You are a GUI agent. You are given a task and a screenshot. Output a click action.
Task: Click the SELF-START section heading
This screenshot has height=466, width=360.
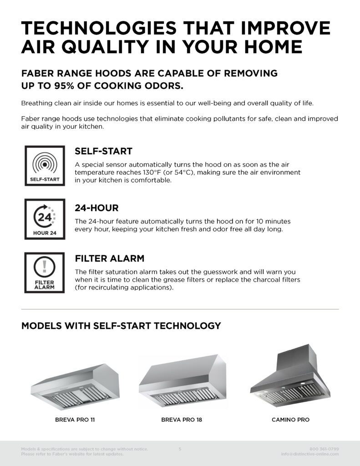click(103, 151)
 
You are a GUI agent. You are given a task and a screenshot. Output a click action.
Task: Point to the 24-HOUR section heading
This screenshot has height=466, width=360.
click(96, 208)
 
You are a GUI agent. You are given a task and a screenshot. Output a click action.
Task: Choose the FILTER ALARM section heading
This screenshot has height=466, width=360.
click(109, 258)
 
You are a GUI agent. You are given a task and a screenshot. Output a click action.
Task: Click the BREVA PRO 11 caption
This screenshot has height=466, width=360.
click(75, 420)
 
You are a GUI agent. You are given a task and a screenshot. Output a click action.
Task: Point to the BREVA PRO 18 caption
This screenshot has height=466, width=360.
click(182, 420)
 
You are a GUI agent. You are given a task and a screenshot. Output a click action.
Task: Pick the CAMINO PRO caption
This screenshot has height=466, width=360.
click(290, 420)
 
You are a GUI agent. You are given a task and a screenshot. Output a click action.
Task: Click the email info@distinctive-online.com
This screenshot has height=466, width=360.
click(310, 454)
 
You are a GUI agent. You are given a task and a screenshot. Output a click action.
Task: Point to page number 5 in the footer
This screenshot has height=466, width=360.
click(180, 449)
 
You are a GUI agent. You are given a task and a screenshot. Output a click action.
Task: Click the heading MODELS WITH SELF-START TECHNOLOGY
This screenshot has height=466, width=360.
click(121, 326)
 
